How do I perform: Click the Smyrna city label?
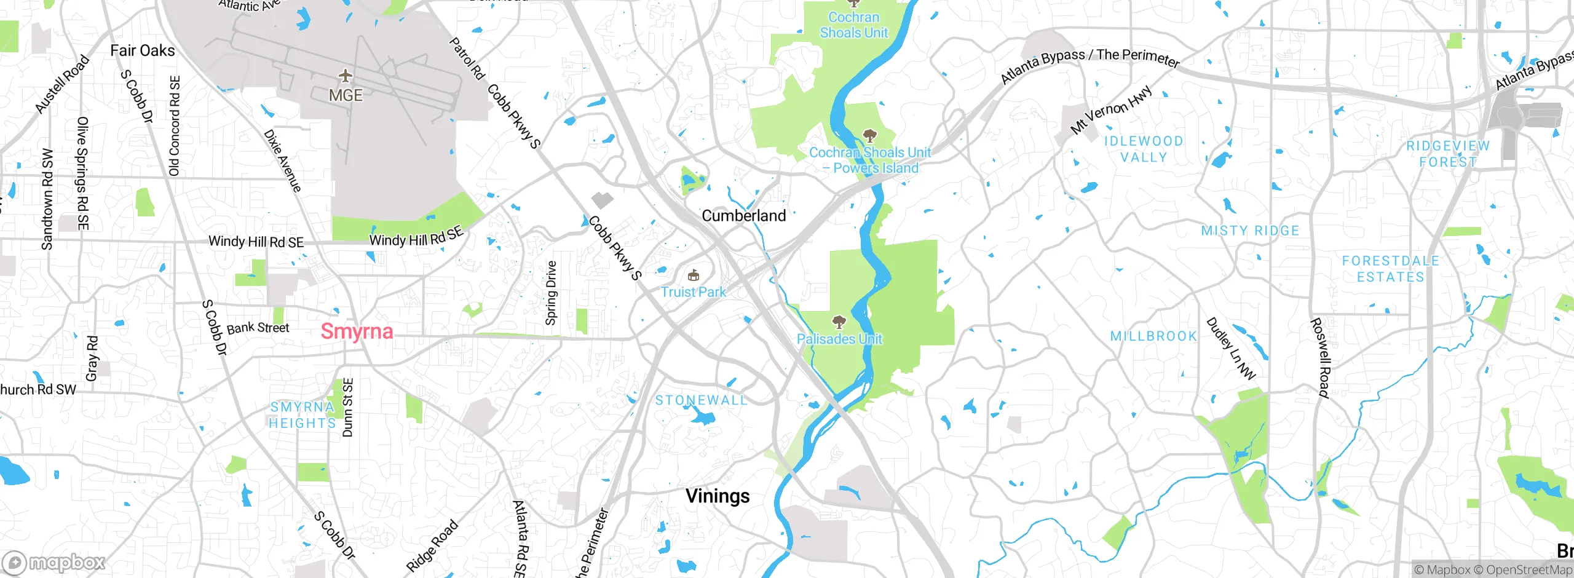click(357, 331)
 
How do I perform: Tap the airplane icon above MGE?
click(346, 76)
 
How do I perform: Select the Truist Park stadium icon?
click(694, 275)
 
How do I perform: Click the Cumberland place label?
click(743, 216)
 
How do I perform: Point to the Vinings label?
click(718, 496)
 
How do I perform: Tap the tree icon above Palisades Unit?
click(839, 322)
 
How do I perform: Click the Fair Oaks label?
click(143, 50)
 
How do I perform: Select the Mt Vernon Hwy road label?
click(1110, 110)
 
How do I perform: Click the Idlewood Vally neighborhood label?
click(1144, 149)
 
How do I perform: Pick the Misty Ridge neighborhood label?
click(1250, 231)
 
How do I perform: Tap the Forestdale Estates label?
click(1390, 269)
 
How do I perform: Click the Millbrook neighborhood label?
click(1153, 336)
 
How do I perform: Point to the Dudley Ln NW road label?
click(1230, 349)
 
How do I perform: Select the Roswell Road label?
click(1320, 357)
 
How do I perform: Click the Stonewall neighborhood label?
click(701, 400)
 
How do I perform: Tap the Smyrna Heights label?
click(302, 415)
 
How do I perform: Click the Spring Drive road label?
click(551, 293)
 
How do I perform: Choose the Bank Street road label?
click(258, 328)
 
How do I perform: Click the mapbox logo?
click(54, 562)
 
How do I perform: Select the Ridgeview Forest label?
click(1448, 154)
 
